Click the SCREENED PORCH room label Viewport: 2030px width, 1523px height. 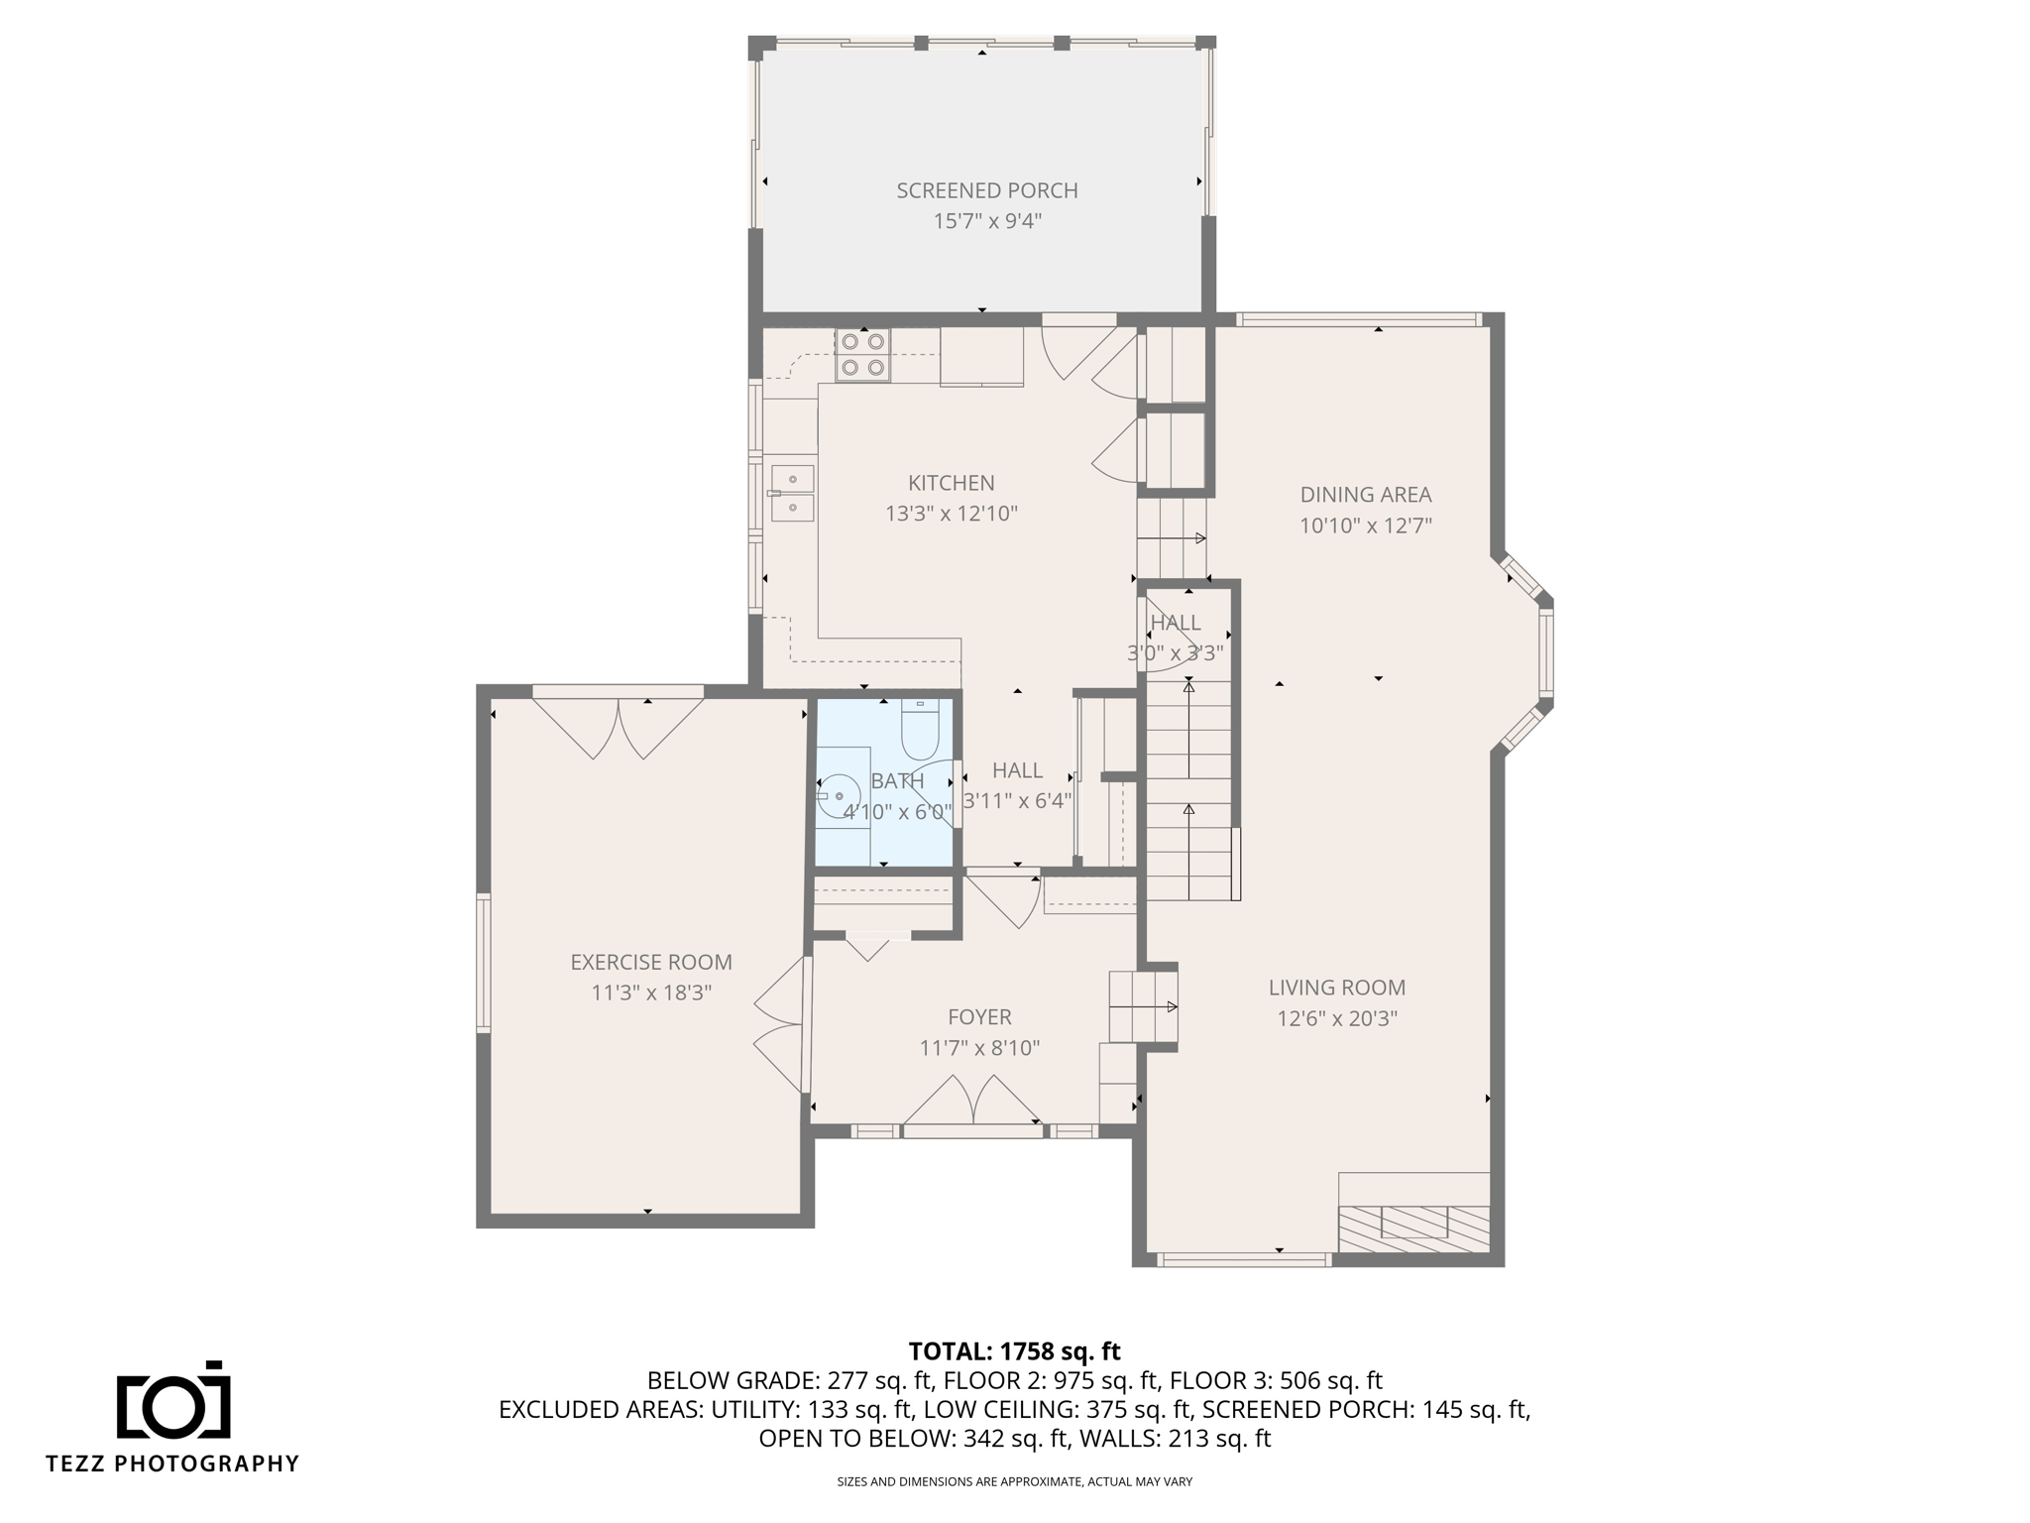pos(987,190)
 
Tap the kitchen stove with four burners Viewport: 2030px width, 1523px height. pos(862,355)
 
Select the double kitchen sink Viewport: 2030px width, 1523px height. pos(793,493)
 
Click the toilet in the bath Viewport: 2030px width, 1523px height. pos(920,730)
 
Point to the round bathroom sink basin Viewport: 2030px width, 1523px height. pos(840,795)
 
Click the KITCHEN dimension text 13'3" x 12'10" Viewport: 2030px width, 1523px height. pos(952,514)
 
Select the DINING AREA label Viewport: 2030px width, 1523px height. pos(1366,495)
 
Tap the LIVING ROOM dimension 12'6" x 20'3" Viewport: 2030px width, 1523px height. pos(1337,1018)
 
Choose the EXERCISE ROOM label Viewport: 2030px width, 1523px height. pos(651,962)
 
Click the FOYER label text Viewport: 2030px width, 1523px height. pos(979,1017)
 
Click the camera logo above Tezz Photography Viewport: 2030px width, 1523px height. pos(173,1399)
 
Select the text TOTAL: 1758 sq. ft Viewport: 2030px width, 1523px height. pos(1015,1351)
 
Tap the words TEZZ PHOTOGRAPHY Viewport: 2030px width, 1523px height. pos(172,1464)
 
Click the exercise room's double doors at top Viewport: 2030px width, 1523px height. pos(619,728)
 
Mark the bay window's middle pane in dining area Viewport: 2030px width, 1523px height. pos(1546,653)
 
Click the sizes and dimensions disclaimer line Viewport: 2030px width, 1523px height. pos(1015,1482)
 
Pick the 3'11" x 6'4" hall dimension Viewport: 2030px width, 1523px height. pos(1018,801)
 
